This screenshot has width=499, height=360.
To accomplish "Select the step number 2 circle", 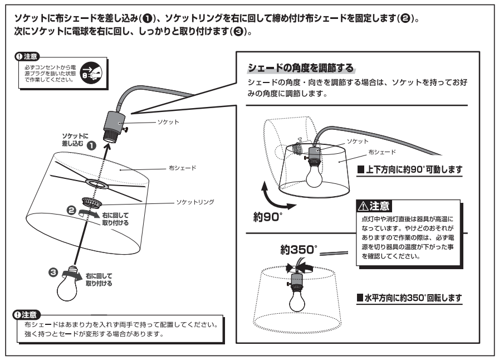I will [71, 210].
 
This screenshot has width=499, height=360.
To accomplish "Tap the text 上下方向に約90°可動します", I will [409, 169].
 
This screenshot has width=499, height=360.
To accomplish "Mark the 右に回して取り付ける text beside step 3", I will [99, 279].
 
